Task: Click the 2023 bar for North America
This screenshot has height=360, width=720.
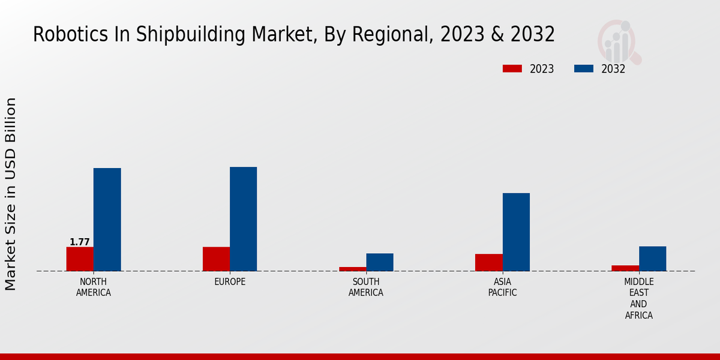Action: tap(80, 259)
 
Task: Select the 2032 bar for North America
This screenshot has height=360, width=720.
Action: tap(107, 220)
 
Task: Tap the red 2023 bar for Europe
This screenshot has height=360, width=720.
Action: tap(216, 259)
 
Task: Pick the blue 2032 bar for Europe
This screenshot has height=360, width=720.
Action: tap(243, 219)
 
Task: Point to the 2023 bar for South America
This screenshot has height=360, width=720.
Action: tap(352, 269)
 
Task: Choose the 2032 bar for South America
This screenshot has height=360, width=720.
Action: tap(380, 262)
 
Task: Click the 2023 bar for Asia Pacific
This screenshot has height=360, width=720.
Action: tap(488, 262)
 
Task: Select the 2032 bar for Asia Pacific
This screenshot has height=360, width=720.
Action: tap(516, 232)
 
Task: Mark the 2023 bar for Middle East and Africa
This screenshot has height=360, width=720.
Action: tap(625, 268)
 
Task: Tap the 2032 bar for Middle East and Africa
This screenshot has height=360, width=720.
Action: tap(652, 259)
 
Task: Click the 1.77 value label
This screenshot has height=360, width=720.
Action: tap(80, 242)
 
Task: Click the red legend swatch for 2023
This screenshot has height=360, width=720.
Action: tap(512, 69)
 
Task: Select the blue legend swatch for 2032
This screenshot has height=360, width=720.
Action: tap(584, 69)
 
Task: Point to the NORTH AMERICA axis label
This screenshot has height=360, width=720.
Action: tap(94, 287)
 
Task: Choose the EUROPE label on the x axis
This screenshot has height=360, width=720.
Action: tap(230, 282)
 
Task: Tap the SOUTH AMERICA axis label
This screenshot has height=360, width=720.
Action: tap(366, 287)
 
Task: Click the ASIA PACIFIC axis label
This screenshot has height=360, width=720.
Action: tap(502, 287)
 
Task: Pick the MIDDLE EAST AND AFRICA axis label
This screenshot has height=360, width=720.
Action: tap(639, 298)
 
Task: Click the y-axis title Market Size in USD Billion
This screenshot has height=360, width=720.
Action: tap(11, 194)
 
